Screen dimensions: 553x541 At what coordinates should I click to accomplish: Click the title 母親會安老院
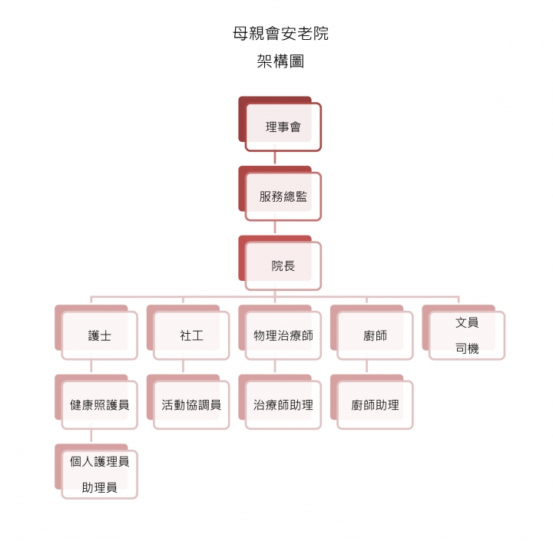pos(281,34)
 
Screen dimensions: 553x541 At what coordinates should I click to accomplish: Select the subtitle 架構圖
pos(280,61)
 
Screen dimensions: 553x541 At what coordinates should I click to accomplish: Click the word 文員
pos(467,322)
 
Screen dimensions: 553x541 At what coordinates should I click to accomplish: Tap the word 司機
pos(467,348)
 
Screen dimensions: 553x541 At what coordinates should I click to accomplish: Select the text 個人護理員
pos(99,461)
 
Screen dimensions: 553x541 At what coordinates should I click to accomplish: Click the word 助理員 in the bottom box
pos(99,487)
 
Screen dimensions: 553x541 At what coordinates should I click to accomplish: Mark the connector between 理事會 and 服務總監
pos(275,158)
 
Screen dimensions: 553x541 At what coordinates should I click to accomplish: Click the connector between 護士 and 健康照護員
pos(91,366)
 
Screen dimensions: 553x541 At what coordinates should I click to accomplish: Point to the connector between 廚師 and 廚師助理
pos(367,366)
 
